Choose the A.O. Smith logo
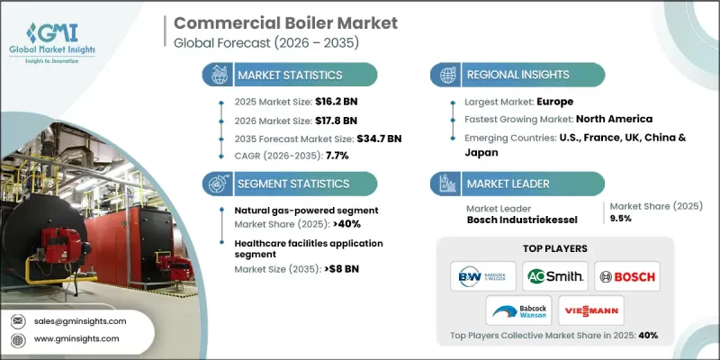tap(554, 275)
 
